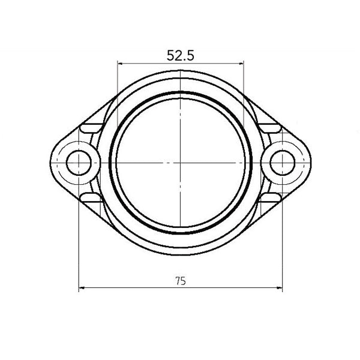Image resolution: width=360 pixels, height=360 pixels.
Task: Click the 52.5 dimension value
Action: coord(180,56)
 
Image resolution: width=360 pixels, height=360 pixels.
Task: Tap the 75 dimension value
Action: coord(181,280)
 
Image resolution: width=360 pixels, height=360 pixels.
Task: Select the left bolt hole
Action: coord(78,163)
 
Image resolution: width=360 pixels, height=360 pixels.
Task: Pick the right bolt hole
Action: coord(282,163)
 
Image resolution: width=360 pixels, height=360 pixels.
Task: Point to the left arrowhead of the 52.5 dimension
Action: coord(119,62)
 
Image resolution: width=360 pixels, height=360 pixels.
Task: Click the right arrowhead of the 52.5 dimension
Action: coord(241,62)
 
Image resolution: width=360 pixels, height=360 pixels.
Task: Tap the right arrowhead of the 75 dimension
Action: coord(280,288)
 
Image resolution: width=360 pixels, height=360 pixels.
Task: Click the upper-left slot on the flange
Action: coord(91,127)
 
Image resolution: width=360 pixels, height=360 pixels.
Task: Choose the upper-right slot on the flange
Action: coord(269,127)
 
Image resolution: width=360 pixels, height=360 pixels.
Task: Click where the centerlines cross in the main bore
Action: coord(180,163)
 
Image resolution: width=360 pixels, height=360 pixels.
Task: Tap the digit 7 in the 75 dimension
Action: coord(178,280)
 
